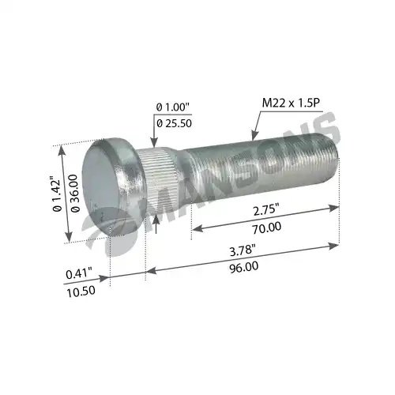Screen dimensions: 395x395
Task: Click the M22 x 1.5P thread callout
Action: [x=291, y=103]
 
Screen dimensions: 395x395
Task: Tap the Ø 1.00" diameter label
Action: [x=173, y=107]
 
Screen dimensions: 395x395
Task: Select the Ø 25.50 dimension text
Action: [x=174, y=123]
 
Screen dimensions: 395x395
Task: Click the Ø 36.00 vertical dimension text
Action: [x=75, y=193]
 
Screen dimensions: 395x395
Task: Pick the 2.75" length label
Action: [x=265, y=210]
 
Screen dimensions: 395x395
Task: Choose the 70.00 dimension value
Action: [x=267, y=228]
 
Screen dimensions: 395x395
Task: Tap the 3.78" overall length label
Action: [x=243, y=250]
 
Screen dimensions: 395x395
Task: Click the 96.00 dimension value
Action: [x=243, y=267]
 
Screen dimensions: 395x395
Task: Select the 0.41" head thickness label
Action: [x=79, y=273]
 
